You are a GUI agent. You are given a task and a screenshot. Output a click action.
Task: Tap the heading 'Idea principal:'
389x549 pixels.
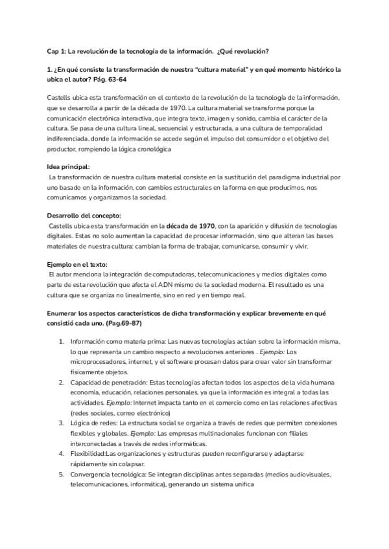pyautogui.click(x=69, y=167)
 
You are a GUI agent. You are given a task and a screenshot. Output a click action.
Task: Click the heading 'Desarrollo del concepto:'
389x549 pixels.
pyautogui.click(x=84, y=216)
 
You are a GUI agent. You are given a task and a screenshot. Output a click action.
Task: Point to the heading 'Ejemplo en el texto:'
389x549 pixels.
pyautogui.click(x=77, y=265)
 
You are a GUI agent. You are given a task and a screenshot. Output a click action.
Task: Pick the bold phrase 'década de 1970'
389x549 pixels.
pyautogui.click(x=191, y=226)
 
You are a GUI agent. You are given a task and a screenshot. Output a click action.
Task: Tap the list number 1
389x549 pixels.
pyautogui.click(x=61, y=341)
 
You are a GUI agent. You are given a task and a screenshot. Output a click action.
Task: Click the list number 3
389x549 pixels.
pyautogui.click(x=61, y=421)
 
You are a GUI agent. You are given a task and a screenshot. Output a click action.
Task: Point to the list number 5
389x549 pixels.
pyautogui.click(x=61, y=474)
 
